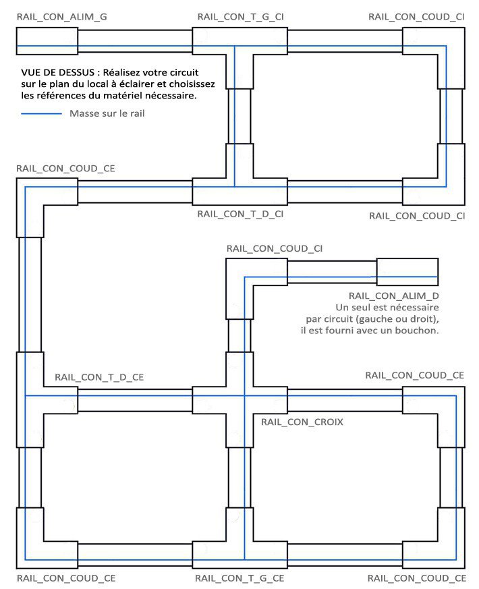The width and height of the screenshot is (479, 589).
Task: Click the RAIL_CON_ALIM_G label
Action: coord(61,16)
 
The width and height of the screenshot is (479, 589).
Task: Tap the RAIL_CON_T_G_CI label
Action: coord(239,16)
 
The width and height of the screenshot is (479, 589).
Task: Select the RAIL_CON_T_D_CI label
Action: coord(239,214)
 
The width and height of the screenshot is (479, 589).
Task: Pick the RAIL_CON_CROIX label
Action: coord(302,422)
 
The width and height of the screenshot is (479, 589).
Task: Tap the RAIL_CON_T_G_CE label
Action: coord(239,578)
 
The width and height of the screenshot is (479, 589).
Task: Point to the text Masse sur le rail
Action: coord(107,113)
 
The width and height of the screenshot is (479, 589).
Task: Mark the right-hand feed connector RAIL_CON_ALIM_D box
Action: coord(407,272)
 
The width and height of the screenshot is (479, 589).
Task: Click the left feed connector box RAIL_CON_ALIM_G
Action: coord(47,41)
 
